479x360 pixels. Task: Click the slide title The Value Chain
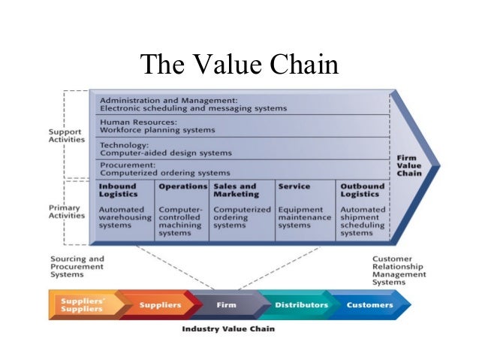(239, 65)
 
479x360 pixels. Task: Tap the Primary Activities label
(67, 210)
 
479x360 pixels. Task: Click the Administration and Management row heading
(168, 99)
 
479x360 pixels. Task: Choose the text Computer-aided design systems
(165, 153)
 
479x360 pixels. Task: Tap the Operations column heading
(182, 186)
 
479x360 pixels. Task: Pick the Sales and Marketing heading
(234, 189)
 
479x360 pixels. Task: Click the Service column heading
(294, 186)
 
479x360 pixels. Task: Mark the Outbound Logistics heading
(363, 189)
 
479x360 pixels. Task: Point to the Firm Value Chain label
(409, 165)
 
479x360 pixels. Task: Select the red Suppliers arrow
(159, 305)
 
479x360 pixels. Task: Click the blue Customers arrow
(369, 305)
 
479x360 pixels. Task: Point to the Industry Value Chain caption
(228, 329)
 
